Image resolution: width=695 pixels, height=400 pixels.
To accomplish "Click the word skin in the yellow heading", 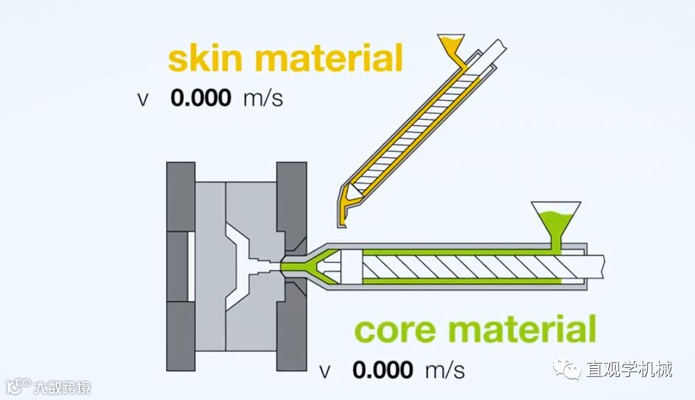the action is pos(206,58).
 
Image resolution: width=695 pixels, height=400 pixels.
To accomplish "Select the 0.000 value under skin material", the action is pos(201,97).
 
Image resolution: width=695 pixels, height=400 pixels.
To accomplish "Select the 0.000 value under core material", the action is pos(382,369).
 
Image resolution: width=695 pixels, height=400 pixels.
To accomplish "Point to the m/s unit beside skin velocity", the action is pos(263,98).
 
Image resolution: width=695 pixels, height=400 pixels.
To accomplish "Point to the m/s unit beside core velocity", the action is pos(445,369).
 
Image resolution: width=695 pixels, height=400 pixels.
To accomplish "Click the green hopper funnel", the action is pos(555,216).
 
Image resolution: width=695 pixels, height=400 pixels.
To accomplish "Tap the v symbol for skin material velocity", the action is pos(142,99).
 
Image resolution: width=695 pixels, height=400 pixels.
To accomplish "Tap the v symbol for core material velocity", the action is pos(325,370).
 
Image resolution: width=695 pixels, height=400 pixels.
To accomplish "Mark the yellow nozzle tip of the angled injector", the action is pos(341,220).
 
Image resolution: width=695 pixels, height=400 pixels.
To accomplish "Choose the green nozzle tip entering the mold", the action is pos(288,265).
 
